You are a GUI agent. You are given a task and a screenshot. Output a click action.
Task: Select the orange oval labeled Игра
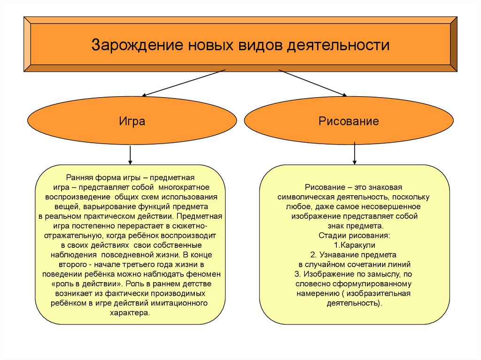pyautogui.click(x=132, y=122)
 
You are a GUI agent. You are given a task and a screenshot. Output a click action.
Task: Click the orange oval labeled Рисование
pyautogui.click(x=349, y=122)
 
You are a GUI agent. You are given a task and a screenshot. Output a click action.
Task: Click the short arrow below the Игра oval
pyautogui.click(x=130, y=154)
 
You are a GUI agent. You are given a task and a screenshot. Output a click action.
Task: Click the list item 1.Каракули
pyautogui.click(x=354, y=245)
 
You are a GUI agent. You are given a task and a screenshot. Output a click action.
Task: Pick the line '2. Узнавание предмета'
pyautogui.click(x=354, y=255)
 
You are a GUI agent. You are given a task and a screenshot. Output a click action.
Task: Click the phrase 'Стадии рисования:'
pyautogui.click(x=354, y=235)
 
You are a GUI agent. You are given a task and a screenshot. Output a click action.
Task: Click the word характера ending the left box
pyautogui.click(x=130, y=313)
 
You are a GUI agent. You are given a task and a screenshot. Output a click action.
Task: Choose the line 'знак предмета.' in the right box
pyautogui.click(x=354, y=226)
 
